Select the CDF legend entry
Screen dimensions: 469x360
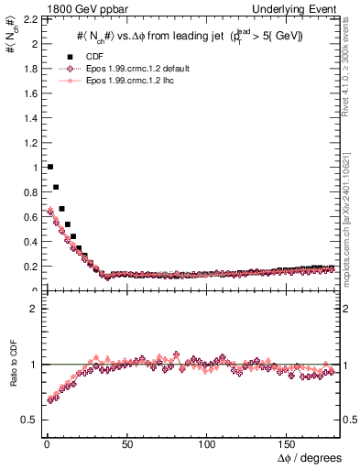click(x=94, y=57)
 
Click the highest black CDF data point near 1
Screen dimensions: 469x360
click(x=49, y=167)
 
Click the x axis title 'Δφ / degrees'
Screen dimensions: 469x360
click(x=309, y=456)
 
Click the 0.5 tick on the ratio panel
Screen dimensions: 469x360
click(x=27, y=420)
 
